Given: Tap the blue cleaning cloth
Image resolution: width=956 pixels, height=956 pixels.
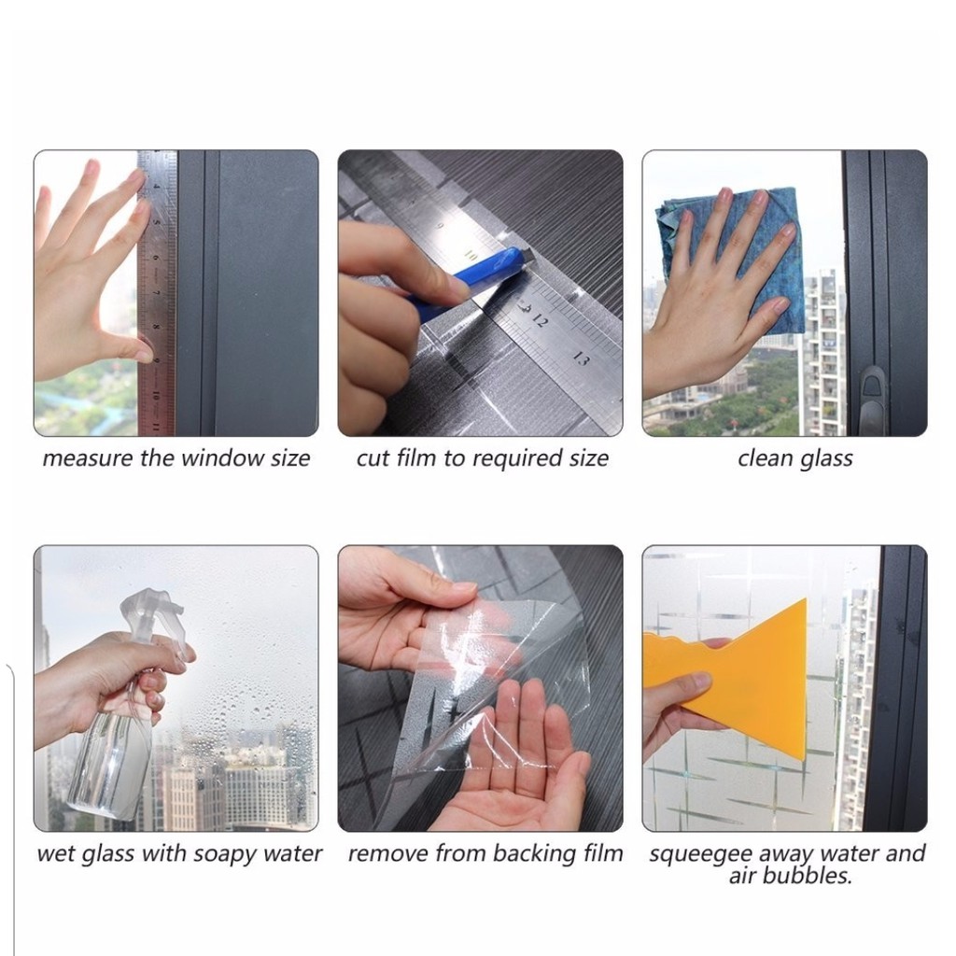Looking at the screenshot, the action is pyautogui.click(x=732, y=256).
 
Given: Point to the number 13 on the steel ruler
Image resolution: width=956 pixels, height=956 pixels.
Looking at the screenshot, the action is pyautogui.click(x=581, y=359).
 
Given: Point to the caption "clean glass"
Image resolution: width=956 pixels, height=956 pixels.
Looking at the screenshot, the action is pyautogui.click(x=795, y=458).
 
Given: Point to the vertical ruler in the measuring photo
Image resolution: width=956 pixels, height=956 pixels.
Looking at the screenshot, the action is pyautogui.click(x=157, y=292).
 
